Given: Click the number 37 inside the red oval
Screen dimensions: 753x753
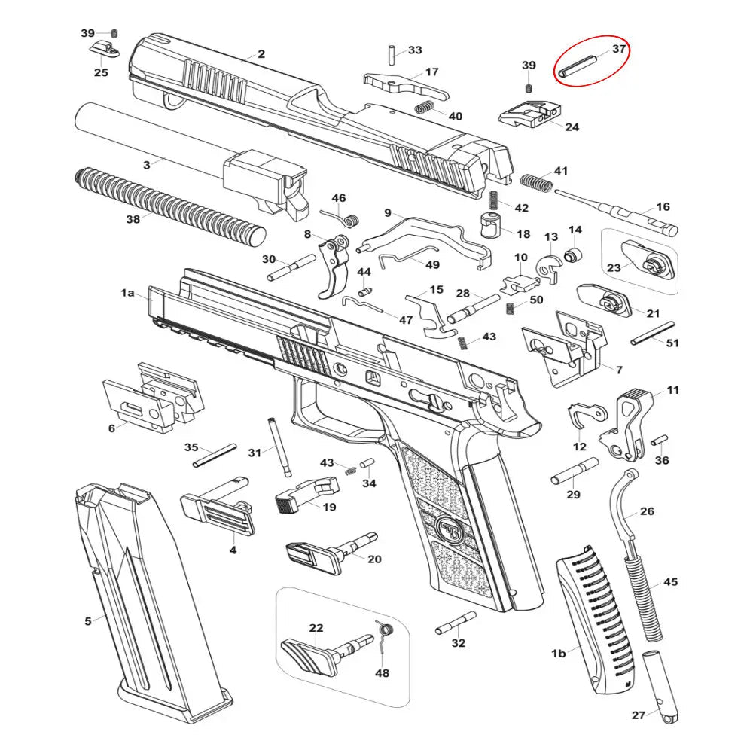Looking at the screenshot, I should [x=618, y=49].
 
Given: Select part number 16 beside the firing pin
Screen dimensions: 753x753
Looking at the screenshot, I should [x=663, y=206].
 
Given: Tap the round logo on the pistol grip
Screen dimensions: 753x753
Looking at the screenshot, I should [x=450, y=529].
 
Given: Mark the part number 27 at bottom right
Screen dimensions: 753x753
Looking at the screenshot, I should [x=639, y=716].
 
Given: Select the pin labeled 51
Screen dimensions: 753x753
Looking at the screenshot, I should [x=652, y=332].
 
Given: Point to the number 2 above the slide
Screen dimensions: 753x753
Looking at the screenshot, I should [x=261, y=54].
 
